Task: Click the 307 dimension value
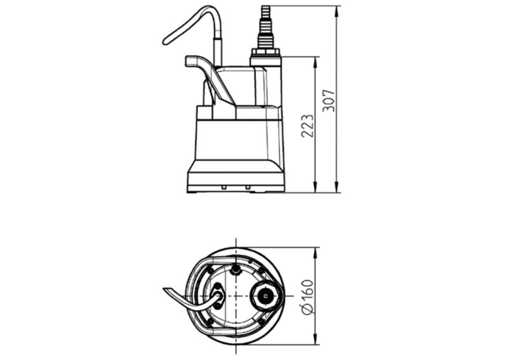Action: (x=328, y=101)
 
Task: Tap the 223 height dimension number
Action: (x=307, y=125)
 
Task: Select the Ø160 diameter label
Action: (x=307, y=297)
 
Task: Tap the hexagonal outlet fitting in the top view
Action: (x=266, y=296)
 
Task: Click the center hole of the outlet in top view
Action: (x=266, y=296)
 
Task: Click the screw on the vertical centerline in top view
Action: (x=235, y=269)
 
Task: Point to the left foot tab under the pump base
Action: (x=223, y=188)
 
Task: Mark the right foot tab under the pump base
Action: (x=248, y=188)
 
